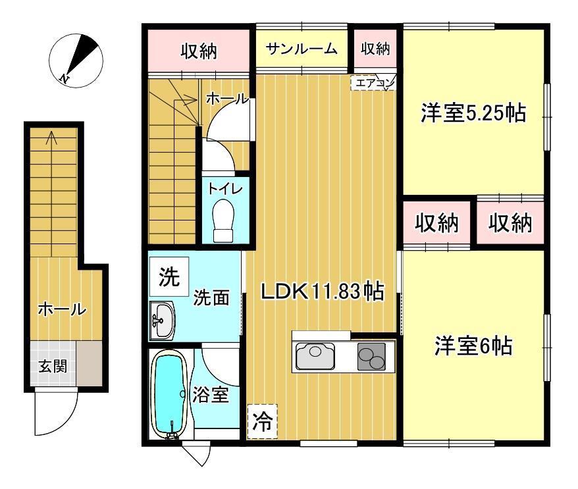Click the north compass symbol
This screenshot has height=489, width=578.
click(x=76, y=61)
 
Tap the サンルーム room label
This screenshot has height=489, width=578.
click(x=301, y=49)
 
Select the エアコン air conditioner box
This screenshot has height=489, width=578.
click(x=373, y=83)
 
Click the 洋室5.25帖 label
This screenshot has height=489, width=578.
click(x=473, y=113)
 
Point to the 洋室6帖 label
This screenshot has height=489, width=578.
click(x=473, y=346)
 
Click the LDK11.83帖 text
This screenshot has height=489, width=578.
click(x=323, y=292)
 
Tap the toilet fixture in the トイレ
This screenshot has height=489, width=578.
click(x=223, y=220)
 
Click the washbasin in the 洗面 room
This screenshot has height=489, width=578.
click(x=162, y=320)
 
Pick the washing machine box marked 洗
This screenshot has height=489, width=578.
click(x=169, y=276)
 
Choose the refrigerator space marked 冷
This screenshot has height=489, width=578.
click(x=262, y=422)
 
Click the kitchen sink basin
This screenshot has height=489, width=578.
click(x=315, y=356)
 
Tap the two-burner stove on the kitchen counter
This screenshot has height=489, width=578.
click(x=371, y=356)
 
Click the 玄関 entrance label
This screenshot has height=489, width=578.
click(x=53, y=367)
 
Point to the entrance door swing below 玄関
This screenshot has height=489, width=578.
click(x=57, y=411)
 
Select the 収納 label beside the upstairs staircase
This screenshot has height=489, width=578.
click(x=199, y=51)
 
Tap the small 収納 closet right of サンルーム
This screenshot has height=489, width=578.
click(x=375, y=48)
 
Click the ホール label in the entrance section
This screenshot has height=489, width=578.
click(x=62, y=309)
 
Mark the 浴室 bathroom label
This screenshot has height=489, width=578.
click(x=211, y=395)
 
